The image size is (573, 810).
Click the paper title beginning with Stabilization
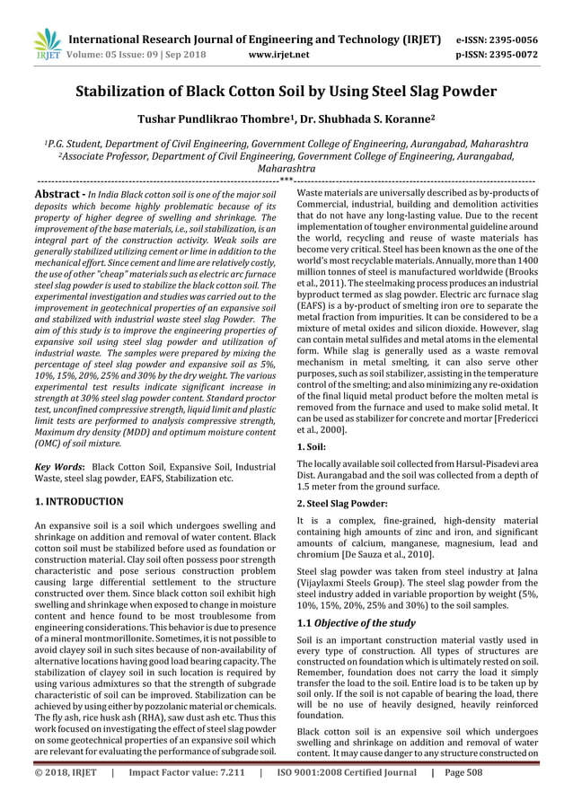click(x=286, y=92)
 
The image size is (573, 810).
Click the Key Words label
click(x=56, y=468)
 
